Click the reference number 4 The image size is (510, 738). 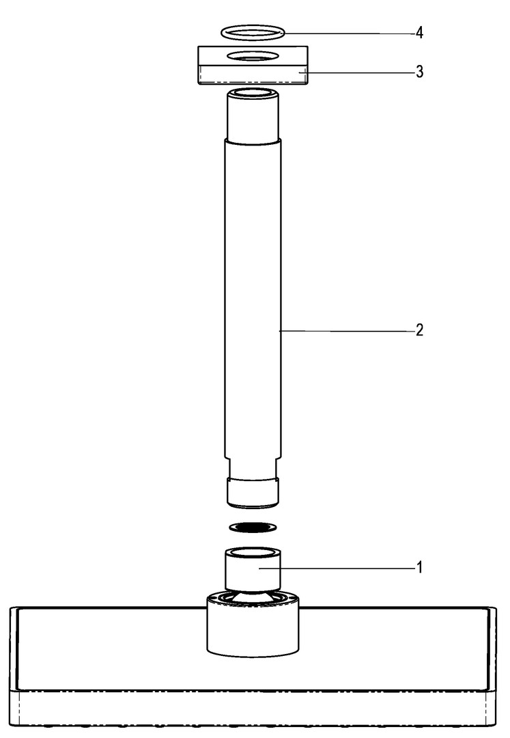[x=419, y=33]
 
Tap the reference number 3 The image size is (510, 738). [x=419, y=72]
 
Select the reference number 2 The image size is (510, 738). [x=419, y=330]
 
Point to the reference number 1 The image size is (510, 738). [x=420, y=568]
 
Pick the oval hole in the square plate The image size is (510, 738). [x=253, y=56]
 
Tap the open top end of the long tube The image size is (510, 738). [x=253, y=93]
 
